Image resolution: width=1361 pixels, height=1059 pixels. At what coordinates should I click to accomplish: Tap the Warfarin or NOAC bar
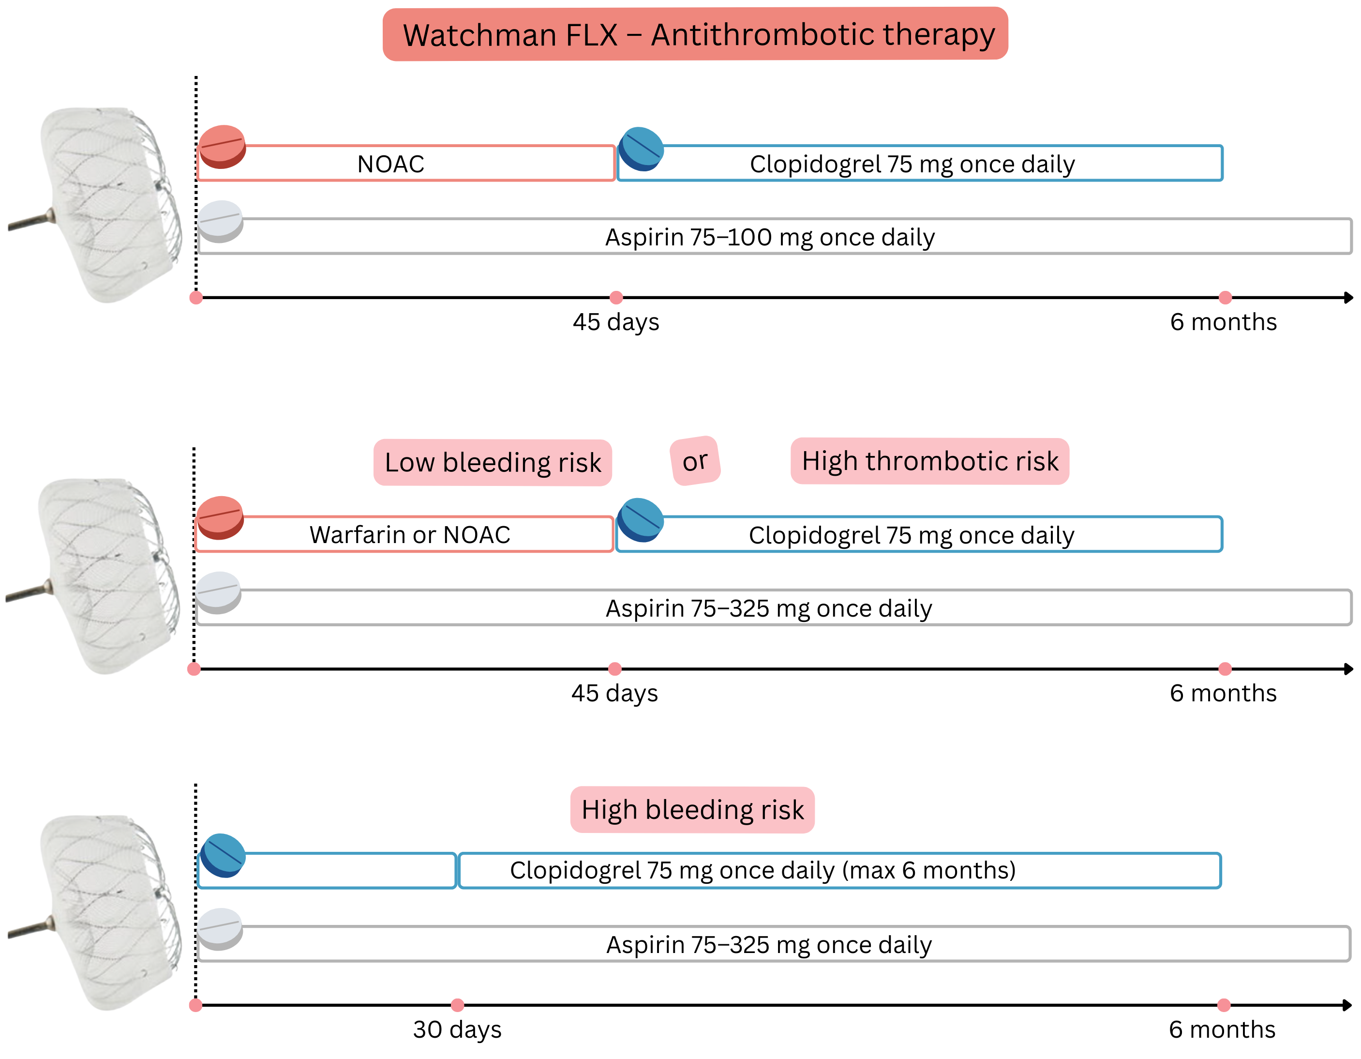[409, 535]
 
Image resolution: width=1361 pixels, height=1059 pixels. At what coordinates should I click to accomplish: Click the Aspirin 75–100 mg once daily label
[770, 238]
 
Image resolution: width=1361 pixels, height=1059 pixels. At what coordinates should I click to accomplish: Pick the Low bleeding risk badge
[493, 463]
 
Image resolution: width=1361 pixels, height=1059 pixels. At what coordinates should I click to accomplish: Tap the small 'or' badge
[695, 461]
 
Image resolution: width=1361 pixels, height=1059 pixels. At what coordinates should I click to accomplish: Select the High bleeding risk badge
[692, 810]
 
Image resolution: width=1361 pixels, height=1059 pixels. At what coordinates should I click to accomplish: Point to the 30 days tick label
[457, 1029]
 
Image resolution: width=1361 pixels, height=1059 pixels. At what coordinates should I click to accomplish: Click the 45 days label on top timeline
[616, 322]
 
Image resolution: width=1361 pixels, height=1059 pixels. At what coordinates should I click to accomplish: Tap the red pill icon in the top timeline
[222, 147]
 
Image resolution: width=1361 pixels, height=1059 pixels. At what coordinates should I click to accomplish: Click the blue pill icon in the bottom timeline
[223, 855]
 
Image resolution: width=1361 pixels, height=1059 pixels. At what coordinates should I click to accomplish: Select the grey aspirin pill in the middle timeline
[218, 592]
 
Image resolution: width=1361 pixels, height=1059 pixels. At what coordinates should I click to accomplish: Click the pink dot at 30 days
[457, 1005]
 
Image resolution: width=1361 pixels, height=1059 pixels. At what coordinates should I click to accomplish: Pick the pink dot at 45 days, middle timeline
[614, 669]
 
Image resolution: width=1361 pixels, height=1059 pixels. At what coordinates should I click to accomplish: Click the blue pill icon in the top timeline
[641, 149]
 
